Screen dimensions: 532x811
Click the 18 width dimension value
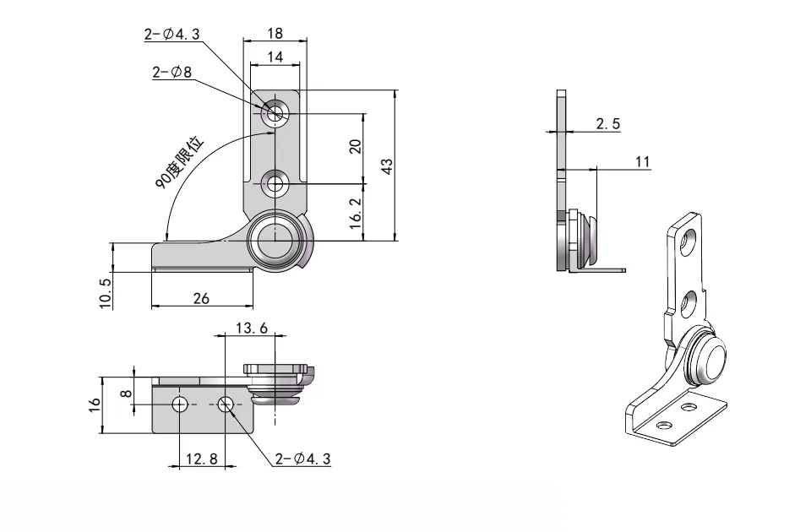[x=275, y=34]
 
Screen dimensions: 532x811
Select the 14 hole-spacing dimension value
[x=275, y=57]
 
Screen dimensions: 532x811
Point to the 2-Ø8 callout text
[x=172, y=73]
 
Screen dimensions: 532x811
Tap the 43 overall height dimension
[x=387, y=166]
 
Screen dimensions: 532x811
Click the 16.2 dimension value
[x=356, y=214]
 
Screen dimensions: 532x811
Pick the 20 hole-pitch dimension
[x=356, y=147]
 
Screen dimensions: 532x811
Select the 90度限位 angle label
[x=180, y=161]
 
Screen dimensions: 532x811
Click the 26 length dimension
[x=201, y=298]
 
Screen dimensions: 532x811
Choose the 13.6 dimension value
[x=250, y=328]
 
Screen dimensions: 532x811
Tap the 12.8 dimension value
[x=201, y=459]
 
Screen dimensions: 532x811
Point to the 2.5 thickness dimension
[x=607, y=124]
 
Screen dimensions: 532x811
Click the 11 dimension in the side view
[x=643, y=162]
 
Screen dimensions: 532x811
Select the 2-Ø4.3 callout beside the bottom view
[x=302, y=459]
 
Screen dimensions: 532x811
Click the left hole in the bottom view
[x=179, y=404]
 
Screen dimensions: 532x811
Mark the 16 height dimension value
[x=95, y=404]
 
